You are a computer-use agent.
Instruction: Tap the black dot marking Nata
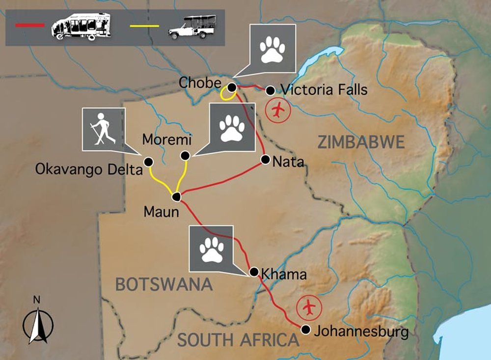[265, 159]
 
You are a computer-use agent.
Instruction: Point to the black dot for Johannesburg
[305, 330]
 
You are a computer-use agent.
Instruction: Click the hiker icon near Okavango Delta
[101, 129]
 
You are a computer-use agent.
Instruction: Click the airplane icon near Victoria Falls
[278, 110]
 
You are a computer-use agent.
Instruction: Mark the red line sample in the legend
[29, 24]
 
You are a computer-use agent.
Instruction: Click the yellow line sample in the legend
[144, 26]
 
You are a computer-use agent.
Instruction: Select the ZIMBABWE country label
[361, 142]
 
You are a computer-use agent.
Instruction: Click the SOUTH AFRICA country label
[238, 339]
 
